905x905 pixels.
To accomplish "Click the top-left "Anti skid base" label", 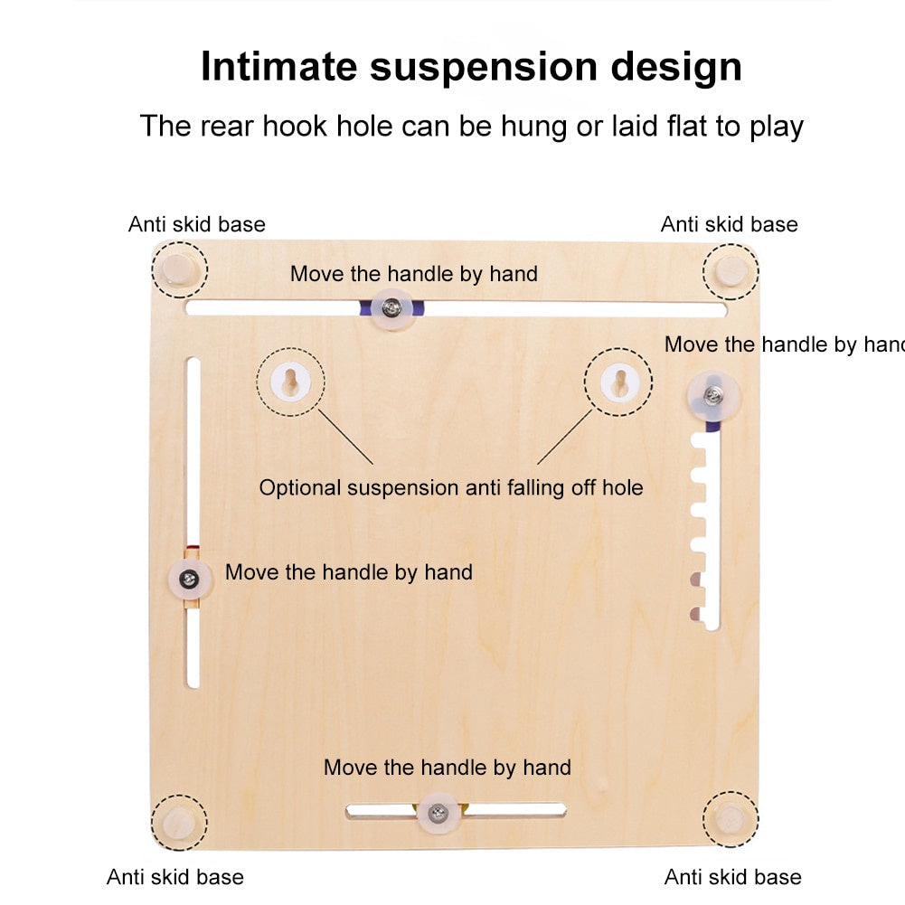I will (197, 224).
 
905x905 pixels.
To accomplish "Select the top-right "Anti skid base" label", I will (729, 224).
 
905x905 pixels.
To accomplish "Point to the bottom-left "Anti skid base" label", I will (174, 876).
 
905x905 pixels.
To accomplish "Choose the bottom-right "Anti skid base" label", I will (732, 876).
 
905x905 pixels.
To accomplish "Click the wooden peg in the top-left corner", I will (178, 269).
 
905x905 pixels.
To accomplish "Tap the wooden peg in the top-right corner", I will (731, 270).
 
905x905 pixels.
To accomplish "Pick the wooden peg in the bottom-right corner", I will (731, 819).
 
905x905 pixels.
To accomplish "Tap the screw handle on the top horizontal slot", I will (391, 307).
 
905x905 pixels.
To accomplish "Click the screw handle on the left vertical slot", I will (189, 580).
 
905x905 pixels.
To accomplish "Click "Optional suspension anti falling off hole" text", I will (451, 488).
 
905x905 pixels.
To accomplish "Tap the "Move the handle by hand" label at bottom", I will (448, 768).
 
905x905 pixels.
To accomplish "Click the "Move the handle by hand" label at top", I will (414, 273).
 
